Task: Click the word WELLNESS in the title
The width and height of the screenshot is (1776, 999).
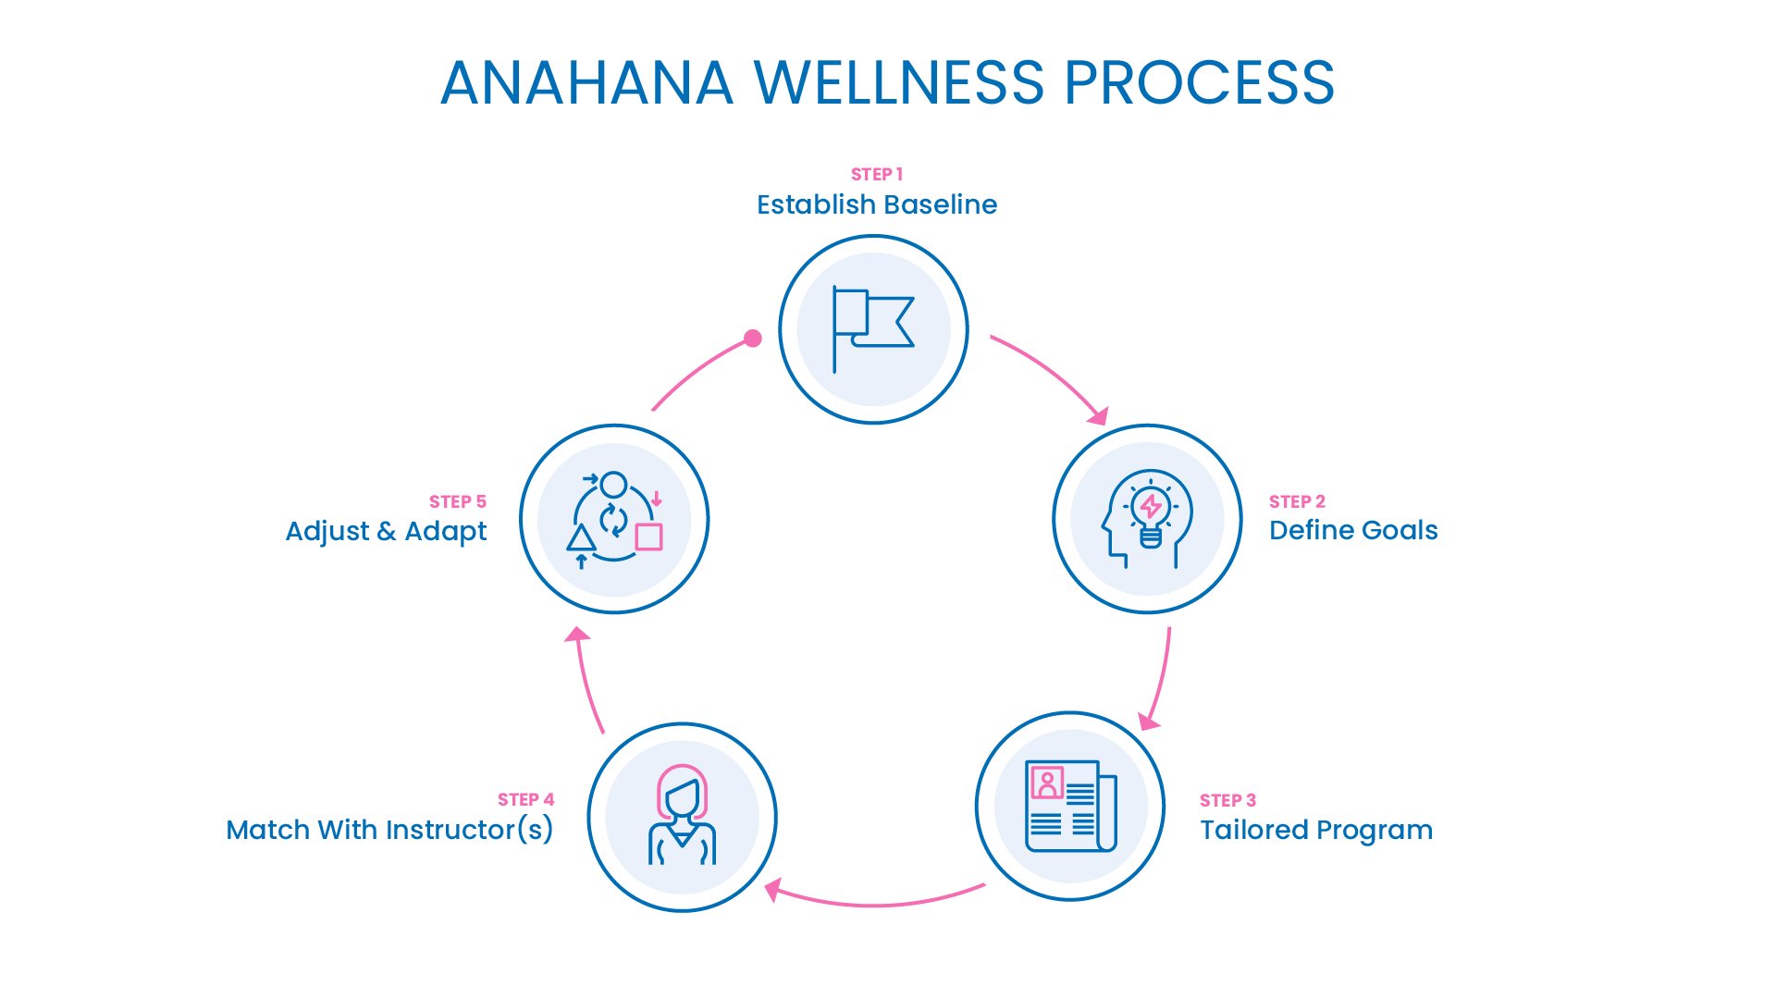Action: point(899,83)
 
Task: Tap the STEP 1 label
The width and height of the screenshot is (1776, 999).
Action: point(876,174)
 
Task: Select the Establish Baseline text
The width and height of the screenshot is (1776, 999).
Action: point(876,204)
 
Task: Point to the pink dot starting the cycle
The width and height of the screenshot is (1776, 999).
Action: point(753,339)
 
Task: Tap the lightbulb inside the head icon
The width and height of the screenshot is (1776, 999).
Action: point(1151,513)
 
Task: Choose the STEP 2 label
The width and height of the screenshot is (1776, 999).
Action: point(1296,501)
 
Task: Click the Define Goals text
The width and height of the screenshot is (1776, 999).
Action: point(1352,531)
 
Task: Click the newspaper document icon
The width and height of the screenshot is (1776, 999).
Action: point(1070,806)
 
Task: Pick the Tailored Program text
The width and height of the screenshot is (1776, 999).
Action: point(1315,830)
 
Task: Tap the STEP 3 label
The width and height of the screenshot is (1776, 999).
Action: point(1227,800)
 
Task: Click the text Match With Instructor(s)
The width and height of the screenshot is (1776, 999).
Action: point(389,830)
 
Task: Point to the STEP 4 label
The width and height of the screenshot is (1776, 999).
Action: point(525,799)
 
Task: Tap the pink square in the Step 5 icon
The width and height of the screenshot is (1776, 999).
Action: point(648,536)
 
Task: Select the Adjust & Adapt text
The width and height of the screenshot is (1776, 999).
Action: point(386,532)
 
